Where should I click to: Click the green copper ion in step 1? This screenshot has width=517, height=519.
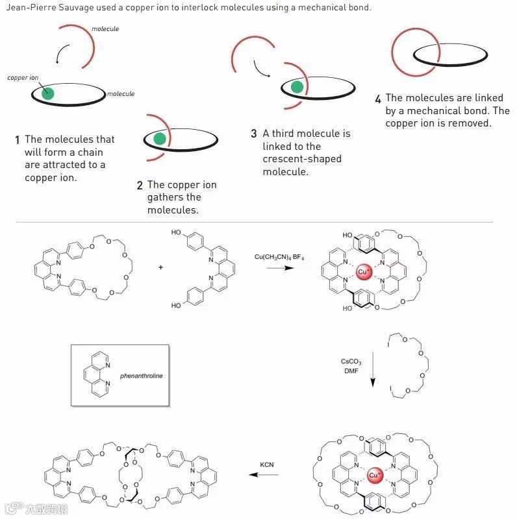coord(47,93)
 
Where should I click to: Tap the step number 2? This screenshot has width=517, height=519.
coord(140,186)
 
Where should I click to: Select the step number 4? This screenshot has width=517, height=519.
coord(378,99)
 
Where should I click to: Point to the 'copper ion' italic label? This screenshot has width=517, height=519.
coord(23,77)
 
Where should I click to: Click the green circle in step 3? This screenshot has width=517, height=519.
coord(297,87)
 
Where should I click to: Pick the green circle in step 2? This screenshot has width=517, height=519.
coord(159,138)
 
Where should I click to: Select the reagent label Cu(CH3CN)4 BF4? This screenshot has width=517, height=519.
coord(279,258)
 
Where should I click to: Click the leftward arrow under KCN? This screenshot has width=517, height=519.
coord(265,475)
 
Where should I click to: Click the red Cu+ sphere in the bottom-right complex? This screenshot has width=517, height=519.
coord(375,476)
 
